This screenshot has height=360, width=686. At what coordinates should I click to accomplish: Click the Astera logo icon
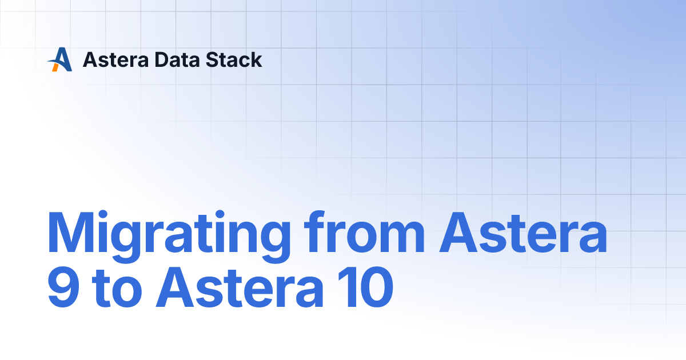coord(60,59)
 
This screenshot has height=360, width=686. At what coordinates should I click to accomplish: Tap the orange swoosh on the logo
coord(55,66)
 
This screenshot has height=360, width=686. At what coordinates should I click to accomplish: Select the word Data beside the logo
coord(171,59)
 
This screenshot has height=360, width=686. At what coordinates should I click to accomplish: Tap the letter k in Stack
coord(256,59)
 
